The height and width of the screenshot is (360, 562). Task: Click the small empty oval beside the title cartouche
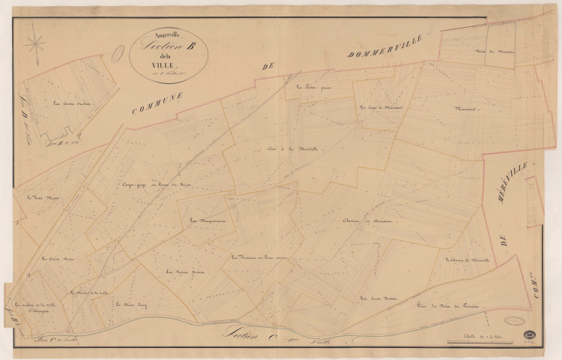pos(118,54)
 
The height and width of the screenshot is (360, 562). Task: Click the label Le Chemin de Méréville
pos(468,261)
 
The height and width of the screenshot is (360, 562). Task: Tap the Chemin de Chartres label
pos(369,221)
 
